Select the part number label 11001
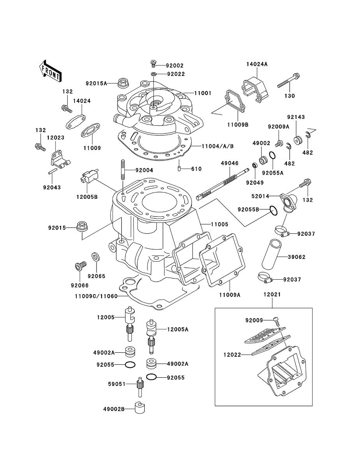202,93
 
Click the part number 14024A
256,65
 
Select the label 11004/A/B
218,146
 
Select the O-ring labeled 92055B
274,211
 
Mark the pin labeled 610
179,169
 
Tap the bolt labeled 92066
80,268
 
